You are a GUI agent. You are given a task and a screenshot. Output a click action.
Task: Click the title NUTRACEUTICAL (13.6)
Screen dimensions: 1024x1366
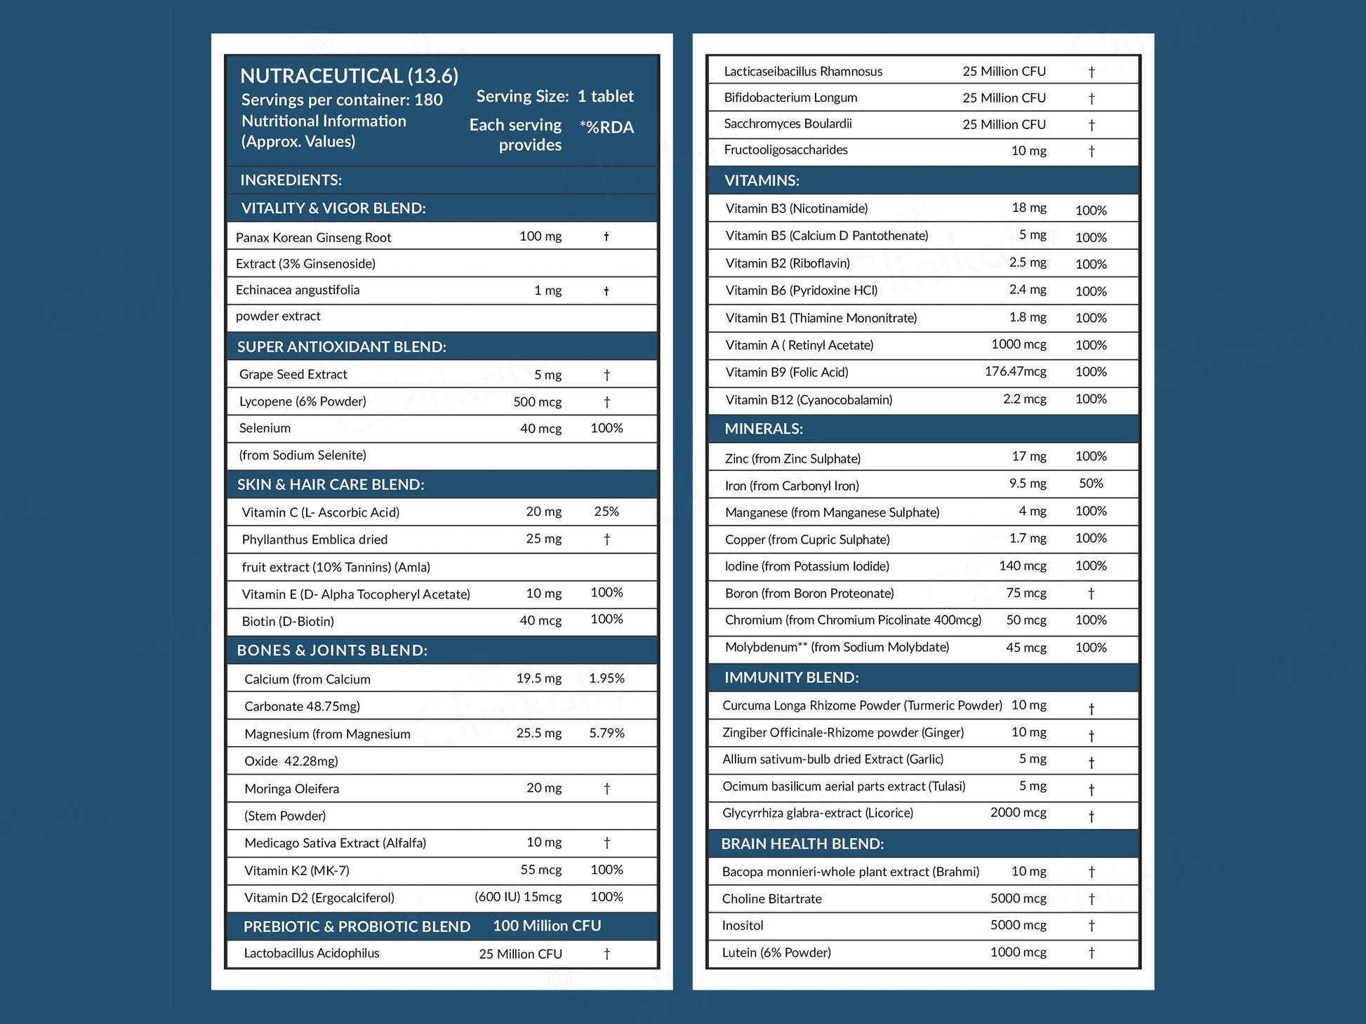[x=349, y=76]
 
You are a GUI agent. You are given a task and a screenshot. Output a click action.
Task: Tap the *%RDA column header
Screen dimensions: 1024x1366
[x=606, y=127]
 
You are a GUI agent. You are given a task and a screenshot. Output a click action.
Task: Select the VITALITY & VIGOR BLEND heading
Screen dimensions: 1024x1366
[x=333, y=208]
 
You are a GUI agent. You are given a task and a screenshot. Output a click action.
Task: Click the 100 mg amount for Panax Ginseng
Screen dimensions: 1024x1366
[x=540, y=237]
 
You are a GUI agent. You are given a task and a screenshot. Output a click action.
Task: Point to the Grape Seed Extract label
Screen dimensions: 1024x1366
[x=293, y=374]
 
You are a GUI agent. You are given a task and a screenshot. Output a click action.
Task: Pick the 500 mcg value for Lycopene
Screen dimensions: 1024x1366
[x=537, y=401]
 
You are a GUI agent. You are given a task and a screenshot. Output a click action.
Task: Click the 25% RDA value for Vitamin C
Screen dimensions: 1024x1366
[x=606, y=512]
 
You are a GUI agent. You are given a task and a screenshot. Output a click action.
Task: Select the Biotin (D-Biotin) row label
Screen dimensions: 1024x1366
[x=288, y=621]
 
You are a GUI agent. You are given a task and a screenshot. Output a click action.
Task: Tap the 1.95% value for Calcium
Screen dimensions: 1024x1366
[x=606, y=678]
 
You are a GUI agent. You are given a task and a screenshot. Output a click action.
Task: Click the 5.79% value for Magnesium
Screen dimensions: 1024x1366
[x=606, y=733]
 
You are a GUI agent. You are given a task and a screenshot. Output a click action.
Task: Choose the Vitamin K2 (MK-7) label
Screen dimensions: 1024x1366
[x=296, y=870]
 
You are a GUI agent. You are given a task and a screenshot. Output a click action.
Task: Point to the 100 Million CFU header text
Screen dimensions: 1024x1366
[x=547, y=926]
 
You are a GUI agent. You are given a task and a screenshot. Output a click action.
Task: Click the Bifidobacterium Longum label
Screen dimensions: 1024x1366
[x=790, y=98]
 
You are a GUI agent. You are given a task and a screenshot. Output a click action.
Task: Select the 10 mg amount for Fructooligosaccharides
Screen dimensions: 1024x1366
[x=1028, y=150]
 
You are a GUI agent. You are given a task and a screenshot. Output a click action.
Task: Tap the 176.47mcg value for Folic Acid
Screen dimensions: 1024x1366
[x=1015, y=371]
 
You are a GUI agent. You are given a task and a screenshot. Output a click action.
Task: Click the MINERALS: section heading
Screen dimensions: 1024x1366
[x=764, y=429]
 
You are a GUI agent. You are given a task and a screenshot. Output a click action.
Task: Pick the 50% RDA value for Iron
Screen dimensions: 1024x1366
[x=1091, y=484]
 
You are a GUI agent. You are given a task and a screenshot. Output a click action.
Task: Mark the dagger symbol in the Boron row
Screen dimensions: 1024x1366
[x=1091, y=593]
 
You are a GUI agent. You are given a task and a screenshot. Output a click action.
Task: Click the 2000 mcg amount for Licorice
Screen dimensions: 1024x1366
[x=1018, y=813]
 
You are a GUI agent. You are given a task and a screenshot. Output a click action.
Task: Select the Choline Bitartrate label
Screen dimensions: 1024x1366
[x=771, y=898]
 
